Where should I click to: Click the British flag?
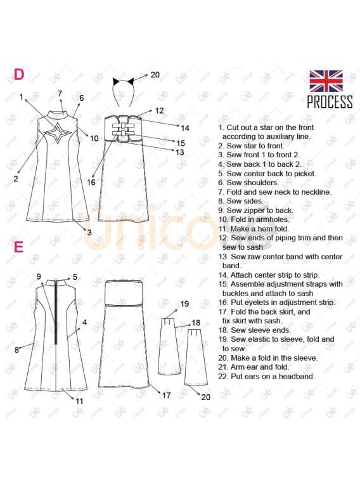(326, 81)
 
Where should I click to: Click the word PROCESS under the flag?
(330, 101)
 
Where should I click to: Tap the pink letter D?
(19, 74)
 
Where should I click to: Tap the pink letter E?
(18, 247)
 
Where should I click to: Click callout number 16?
(91, 182)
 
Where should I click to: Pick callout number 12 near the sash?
(159, 110)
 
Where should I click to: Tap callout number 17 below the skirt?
(166, 396)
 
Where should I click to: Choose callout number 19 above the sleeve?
(184, 304)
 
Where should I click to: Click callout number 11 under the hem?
(79, 401)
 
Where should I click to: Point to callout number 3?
(89, 232)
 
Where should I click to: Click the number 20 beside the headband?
(155, 75)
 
